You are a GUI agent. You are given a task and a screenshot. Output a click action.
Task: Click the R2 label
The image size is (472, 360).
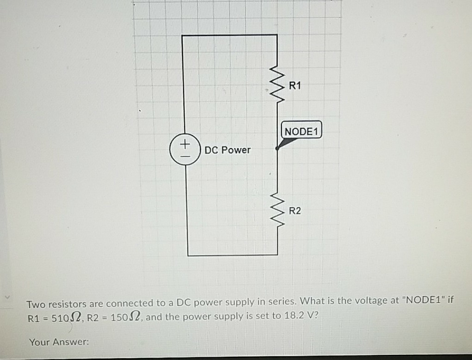[x=295, y=211]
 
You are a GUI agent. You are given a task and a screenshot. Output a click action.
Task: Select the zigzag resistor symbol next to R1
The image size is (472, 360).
[x=277, y=85]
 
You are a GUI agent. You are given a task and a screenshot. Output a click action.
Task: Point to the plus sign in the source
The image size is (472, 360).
[x=185, y=145]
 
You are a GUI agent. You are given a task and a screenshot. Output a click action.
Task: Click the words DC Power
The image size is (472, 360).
[x=227, y=150]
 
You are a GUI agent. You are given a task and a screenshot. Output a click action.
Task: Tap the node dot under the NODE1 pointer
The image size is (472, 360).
[x=277, y=148]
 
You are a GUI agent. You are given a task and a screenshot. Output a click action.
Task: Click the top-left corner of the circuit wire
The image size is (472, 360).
[x=183, y=35]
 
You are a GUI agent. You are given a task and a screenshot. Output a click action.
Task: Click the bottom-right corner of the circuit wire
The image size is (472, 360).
[x=277, y=255]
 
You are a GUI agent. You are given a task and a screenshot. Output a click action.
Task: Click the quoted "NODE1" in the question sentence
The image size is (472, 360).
[x=424, y=301]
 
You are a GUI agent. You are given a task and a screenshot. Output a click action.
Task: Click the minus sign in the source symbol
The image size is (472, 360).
[x=185, y=155]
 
